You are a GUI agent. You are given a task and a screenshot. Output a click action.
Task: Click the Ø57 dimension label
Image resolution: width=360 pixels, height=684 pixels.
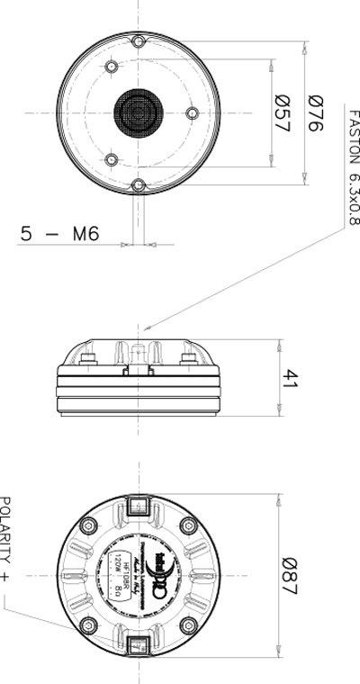pyautogui.click(x=281, y=114)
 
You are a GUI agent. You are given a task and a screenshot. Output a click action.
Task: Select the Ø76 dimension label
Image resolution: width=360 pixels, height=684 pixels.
pyautogui.click(x=314, y=114)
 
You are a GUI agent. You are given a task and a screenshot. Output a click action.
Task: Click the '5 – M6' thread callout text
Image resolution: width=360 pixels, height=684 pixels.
pyautogui.click(x=59, y=234)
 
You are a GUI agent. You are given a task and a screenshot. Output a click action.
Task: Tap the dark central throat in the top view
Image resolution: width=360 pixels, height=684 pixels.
pyautogui.click(x=137, y=113)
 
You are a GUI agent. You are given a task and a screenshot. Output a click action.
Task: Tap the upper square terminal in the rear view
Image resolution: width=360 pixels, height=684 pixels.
pyautogui.click(x=138, y=508)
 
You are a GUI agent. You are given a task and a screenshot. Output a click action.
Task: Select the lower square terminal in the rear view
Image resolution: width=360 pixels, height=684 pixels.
pyautogui.click(x=138, y=645)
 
